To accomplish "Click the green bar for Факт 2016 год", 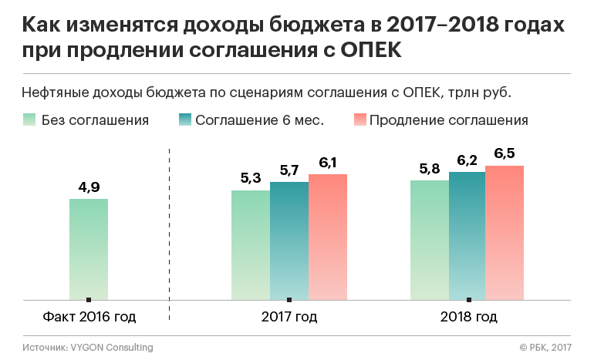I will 89,249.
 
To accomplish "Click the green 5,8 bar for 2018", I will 429,240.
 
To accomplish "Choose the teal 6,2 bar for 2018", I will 467,235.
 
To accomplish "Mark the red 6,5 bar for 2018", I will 505,232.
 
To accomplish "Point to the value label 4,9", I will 89,187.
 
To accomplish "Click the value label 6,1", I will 328,162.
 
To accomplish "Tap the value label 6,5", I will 505,153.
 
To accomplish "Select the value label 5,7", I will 289,170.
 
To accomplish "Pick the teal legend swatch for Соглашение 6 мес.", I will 184,120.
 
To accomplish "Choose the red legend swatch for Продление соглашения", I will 359,120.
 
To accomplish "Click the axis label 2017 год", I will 289,317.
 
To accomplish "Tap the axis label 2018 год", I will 468,317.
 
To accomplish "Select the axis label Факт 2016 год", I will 89,317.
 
